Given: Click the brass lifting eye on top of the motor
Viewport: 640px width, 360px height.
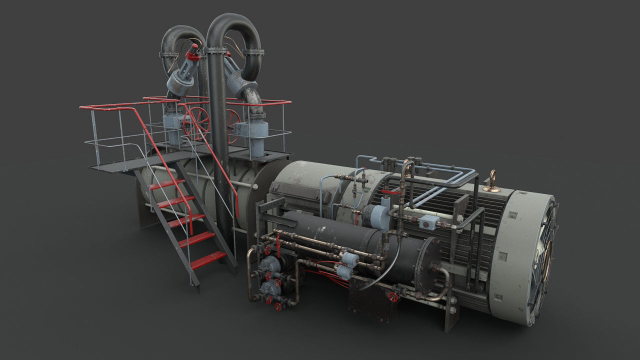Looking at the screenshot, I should point(492,180).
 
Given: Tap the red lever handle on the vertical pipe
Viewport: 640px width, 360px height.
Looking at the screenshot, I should point(391,192).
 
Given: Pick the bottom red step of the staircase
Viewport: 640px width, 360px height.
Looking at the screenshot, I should point(208,259).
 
